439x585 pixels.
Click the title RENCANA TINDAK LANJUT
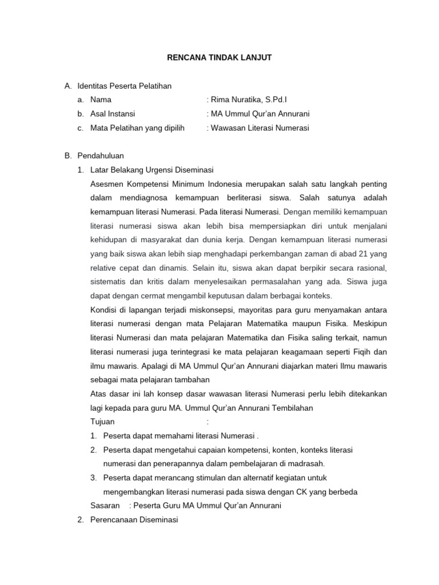pos(219,57)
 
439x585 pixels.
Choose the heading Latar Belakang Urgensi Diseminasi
pos(151,170)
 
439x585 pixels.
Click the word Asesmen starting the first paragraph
pos(108,183)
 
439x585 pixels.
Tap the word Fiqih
pos(358,351)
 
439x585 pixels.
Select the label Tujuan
pos(103,422)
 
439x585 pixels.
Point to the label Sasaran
pos(105,506)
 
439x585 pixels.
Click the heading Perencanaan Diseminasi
pos(134,520)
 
